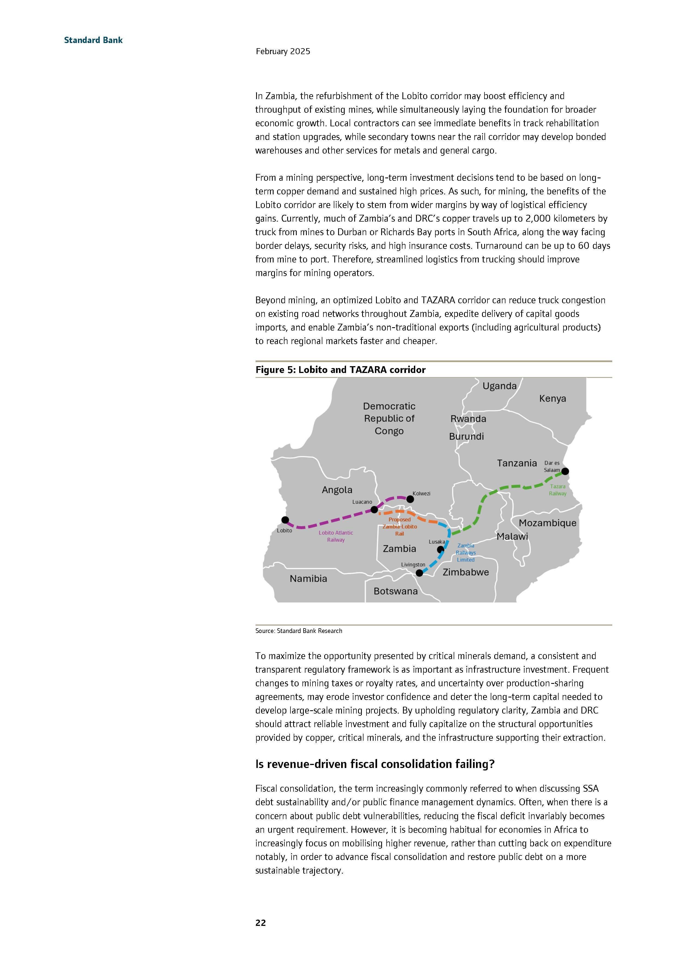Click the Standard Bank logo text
click(x=93, y=40)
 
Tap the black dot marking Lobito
click(x=285, y=520)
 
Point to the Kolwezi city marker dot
click(x=410, y=499)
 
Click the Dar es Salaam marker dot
click(x=565, y=471)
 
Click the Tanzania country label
click(x=517, y=463)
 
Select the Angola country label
click(x=337, y=490)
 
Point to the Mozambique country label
click(x=547, y=523)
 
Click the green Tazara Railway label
click(x=557, y=490)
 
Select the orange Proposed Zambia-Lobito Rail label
click(x=400, y=527)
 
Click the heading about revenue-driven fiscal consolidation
click(x=375, y=764)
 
